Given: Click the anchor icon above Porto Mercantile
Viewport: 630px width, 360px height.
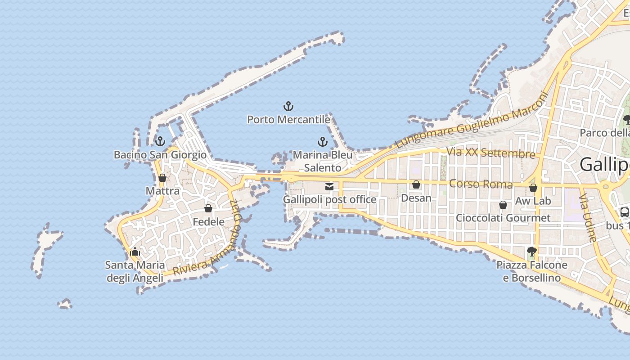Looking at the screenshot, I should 288,107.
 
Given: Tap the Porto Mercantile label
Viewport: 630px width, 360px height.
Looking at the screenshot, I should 288,120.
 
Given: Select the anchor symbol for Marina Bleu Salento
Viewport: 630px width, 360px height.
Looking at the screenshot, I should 322,142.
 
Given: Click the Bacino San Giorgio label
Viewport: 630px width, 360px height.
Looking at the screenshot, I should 160,155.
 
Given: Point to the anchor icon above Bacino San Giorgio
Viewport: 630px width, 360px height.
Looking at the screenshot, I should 160,142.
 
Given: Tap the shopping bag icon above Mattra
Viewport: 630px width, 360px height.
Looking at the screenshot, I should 162,178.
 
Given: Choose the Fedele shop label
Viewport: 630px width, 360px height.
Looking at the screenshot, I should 208,221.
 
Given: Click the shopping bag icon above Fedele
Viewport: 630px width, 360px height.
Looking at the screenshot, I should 208,208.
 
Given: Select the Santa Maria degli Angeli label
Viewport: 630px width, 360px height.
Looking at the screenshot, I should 135,271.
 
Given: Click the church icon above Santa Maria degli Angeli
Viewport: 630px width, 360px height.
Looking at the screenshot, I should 135,252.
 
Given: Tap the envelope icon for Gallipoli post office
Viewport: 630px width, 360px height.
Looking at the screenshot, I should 329,186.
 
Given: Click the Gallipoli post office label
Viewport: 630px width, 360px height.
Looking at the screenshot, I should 329,199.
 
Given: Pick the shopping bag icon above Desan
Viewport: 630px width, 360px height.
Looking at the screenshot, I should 416,184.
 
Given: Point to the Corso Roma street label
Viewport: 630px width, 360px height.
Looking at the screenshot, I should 481,184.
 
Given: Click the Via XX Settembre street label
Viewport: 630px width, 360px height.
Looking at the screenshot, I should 490,153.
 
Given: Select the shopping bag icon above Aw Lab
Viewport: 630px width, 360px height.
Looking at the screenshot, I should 533,188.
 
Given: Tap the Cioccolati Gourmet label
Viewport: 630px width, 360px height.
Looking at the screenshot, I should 503,218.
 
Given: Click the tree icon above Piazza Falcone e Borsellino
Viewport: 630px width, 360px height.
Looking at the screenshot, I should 531,251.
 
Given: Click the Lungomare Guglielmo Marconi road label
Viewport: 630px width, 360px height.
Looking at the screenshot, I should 472,121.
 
